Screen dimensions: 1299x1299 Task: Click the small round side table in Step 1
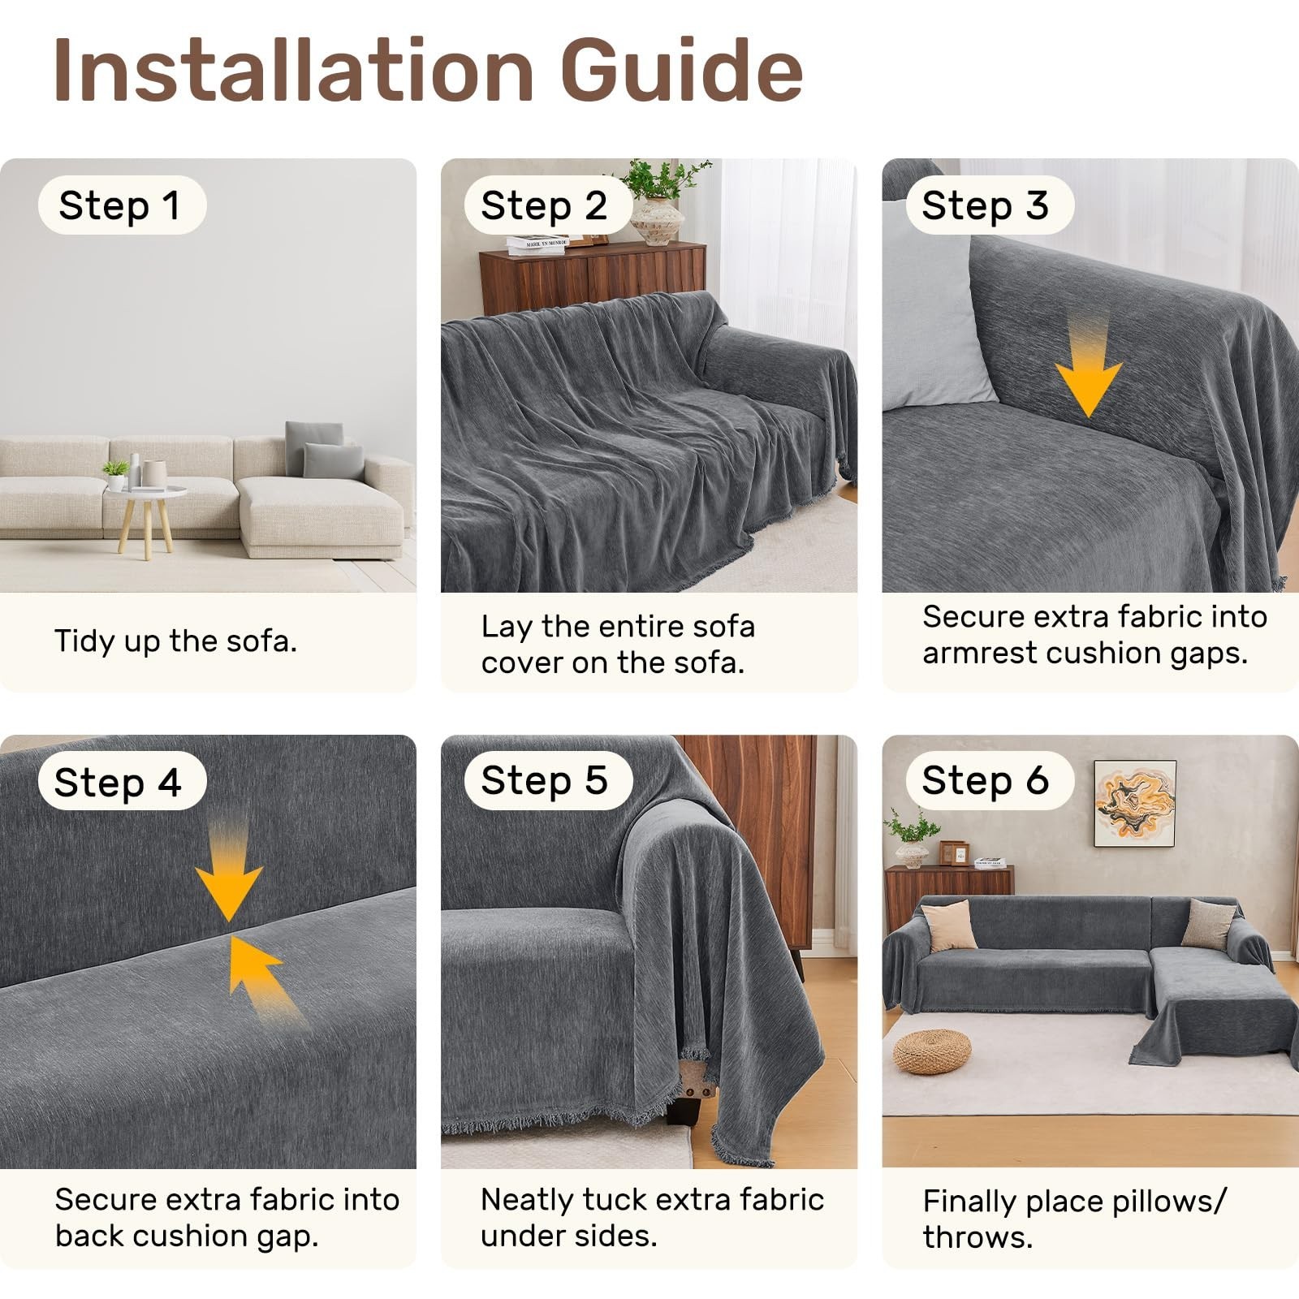pyautogui.click(x=146, y=520)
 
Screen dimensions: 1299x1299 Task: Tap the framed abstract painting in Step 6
pyautogui.click(x=1135, y=804)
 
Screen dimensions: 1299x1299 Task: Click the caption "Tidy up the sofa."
pyautogui.click(x=176, y=641)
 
